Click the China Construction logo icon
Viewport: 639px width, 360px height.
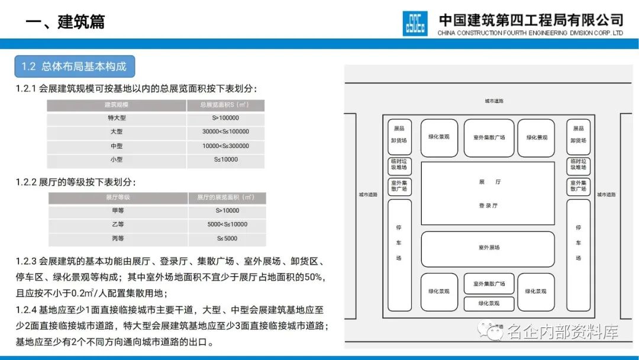[415, 23]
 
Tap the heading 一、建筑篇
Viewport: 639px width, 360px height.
[65, 22]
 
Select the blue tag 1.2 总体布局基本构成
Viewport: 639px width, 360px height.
[75, 67]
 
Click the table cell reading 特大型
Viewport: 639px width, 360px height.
[117, 118]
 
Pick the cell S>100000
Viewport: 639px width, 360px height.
[225, 118]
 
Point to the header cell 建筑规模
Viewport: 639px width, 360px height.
[117, 105]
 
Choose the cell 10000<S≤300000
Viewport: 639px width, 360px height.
[225, 146]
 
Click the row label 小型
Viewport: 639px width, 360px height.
[117, 160]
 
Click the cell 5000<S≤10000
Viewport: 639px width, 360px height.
[227, 224]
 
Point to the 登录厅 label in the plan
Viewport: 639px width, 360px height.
[488, 205]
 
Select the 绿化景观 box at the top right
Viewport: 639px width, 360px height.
[536, 138]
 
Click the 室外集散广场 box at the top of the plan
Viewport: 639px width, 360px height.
[489, 138]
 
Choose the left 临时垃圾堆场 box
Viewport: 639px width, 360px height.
[399, 165]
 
